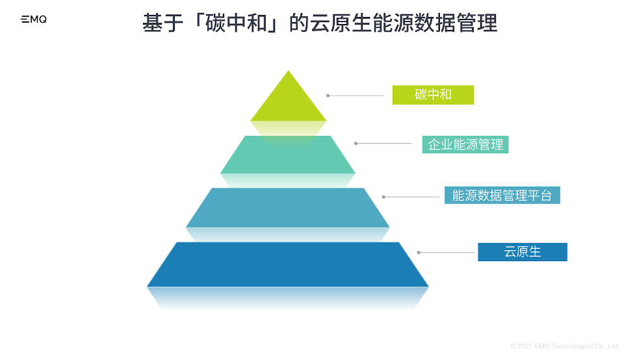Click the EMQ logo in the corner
(34, 20)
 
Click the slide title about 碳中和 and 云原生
(320, 24)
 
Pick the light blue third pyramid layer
(288, 207)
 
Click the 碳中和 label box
(433, 95)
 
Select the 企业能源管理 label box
(465, 144)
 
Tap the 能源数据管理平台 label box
(502, 196)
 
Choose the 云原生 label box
(522, 252)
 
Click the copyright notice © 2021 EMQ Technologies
(565, 346)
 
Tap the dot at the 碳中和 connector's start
(328, 96)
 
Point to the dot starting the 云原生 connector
(419, 252)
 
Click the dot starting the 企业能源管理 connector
(356, 143)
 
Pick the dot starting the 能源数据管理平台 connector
(383, 196)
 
